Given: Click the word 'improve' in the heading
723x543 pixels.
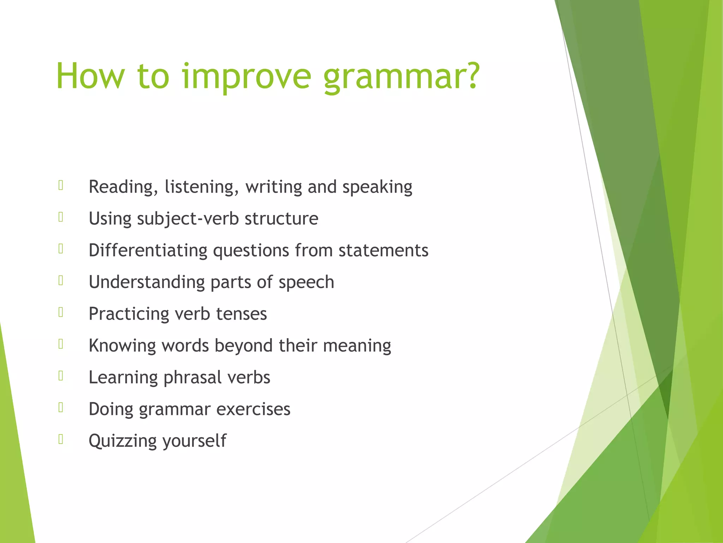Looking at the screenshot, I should pos(246,77).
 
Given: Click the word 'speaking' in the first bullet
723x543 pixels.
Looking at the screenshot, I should pos(377,187).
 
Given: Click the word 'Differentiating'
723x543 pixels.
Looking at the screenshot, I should pos(148,250).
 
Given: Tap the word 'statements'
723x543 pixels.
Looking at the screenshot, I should pos(383,250).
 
